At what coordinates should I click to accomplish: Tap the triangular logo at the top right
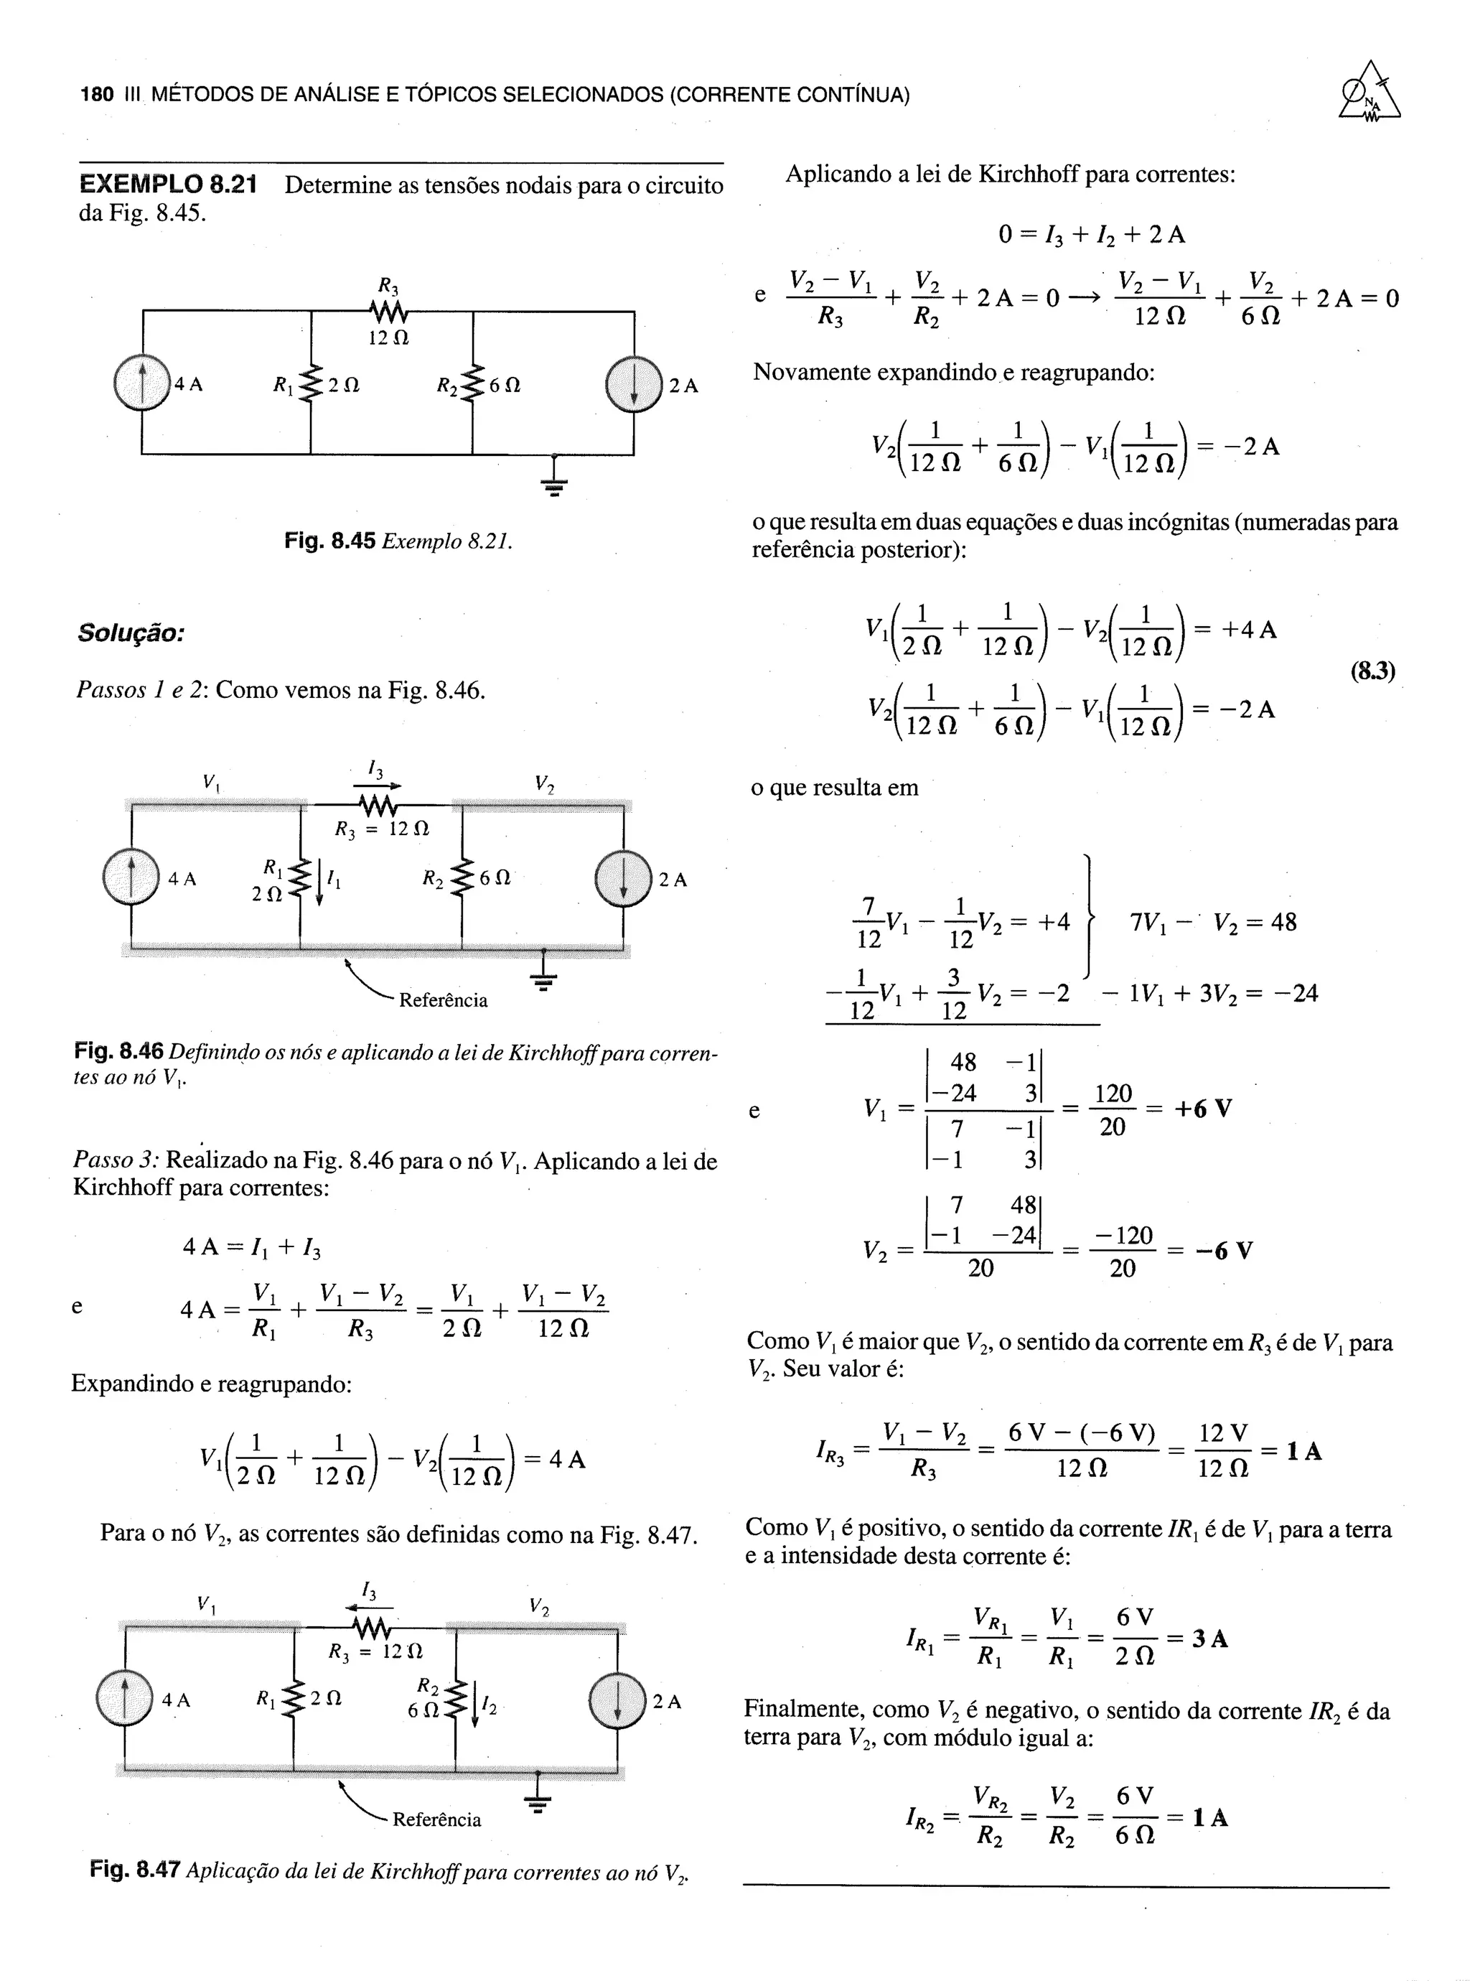point(1370,92)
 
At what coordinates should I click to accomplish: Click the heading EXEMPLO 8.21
point(168,185)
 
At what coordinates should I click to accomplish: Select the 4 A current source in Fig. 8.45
point(142,383)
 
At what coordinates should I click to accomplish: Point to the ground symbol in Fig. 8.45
point(553,480)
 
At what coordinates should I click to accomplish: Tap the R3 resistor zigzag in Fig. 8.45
point(389,312)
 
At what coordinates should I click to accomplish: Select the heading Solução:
point(131,633)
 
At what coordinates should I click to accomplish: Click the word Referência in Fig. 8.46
point(443,1000)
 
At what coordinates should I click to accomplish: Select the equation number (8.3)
point(1373,670)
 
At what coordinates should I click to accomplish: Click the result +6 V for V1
point(1203,1109)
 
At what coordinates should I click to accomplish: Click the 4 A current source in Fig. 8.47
point(125,1700)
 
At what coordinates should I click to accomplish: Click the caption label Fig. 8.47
point(135,1870)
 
